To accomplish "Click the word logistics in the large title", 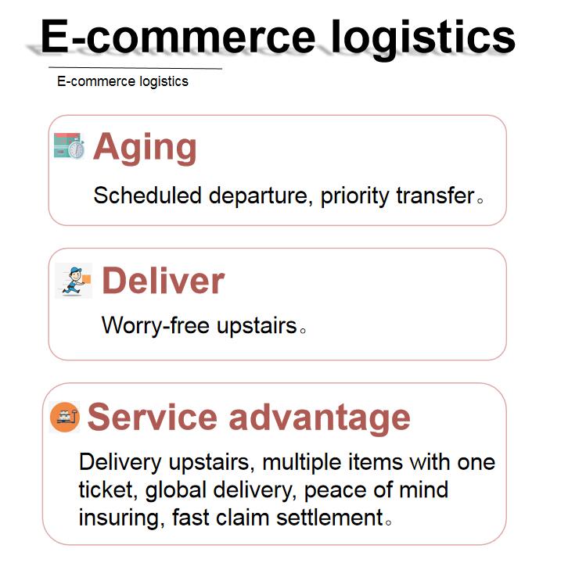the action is [423, 40].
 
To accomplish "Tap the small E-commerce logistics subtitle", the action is [122, 81].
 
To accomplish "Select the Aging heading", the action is [145, 148].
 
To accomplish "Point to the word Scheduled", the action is [147, 195].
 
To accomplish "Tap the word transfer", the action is [435, 195].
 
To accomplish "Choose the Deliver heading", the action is [164, 281].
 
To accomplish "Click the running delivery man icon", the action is [74, 280].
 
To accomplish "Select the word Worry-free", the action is [156, 325].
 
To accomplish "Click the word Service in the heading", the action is [152, 418].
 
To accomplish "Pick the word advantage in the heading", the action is [319, 419].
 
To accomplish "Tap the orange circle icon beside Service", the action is [64, 417].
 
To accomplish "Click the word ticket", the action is [108, 490].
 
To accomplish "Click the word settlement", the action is [329, 518].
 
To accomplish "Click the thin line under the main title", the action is [135, 68].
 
